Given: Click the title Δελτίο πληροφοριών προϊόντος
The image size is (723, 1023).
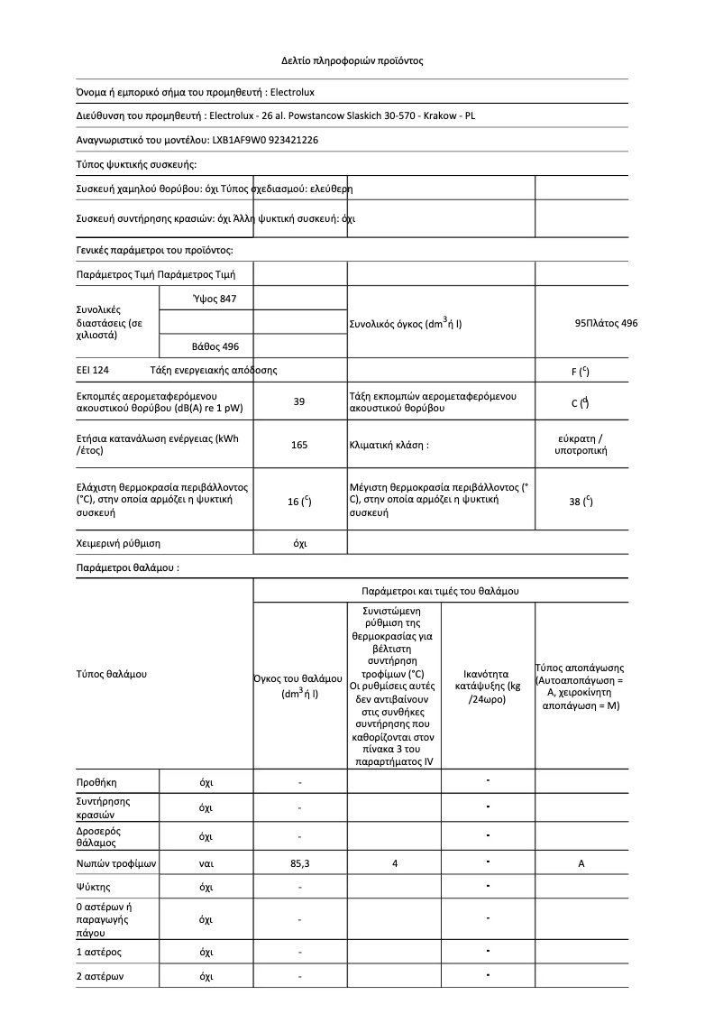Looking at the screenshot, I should [352, 61].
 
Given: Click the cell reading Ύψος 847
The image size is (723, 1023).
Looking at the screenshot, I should [215, 299].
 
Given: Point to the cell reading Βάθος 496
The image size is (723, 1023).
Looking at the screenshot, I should [215, 346].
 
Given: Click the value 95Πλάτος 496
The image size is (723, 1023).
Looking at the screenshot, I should [606, 322].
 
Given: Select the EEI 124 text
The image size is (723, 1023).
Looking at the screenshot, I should [94, 371].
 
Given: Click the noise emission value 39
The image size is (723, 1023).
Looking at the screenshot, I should [299, 402].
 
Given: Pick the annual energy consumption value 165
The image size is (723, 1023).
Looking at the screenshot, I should [299, 445].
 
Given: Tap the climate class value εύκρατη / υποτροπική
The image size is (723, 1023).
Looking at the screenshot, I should [581, 444].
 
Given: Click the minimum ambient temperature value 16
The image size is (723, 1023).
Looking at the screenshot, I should [299, 502].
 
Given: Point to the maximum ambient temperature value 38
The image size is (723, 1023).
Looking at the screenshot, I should [581, 502].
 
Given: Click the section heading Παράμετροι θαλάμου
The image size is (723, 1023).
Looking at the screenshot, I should [127, 568].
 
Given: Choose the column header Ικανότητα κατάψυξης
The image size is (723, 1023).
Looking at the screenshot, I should [488, 687].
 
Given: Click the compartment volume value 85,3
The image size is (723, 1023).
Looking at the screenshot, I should [299, 864].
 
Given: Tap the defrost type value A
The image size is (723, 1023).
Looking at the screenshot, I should [581, 864].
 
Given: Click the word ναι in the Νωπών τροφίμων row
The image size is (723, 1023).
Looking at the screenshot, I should [206, 864].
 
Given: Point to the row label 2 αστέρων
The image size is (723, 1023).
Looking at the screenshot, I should [100, 977].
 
